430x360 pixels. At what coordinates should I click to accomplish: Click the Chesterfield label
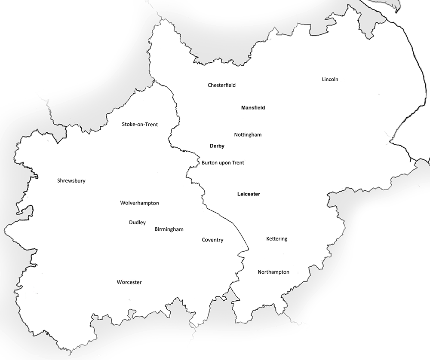[x=221, y=85]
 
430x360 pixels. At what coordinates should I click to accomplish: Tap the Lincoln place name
[x=330, y=79]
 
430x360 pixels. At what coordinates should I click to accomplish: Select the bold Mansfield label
[x=253, y=108]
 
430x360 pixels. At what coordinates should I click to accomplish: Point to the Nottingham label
[x=248, y=135]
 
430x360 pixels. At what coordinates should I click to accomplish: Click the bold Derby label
[x=217, y=146]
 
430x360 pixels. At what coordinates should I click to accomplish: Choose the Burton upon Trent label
[x=223, y=163]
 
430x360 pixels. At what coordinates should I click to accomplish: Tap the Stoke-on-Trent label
[x=140, y=125]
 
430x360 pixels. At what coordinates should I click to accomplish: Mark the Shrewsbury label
[x=71, y=181]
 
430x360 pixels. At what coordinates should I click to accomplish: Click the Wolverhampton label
[x=140, y=203]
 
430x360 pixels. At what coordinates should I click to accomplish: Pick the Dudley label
[x=137, y=223]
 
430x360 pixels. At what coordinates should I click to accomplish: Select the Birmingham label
[x=169, y=229]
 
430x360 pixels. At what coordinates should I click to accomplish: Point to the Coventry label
[x=212, y=240]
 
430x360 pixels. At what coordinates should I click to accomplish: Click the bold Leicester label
[x=249, y=194]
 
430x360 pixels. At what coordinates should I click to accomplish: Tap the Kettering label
[x=276, y=239]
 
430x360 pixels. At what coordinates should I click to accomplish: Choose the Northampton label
[x=273, y=272]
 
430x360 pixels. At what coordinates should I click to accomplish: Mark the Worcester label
[x=129, y=282]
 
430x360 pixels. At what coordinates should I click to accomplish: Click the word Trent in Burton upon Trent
[x=237, y=163]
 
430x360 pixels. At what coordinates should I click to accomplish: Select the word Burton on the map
[x=209, y=163]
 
